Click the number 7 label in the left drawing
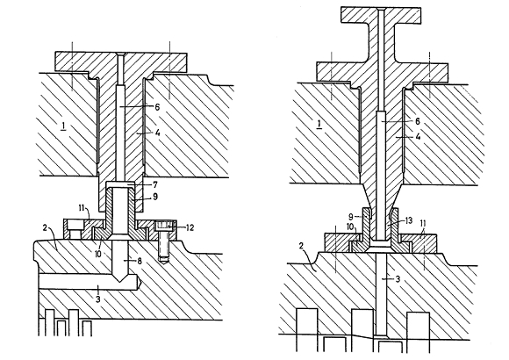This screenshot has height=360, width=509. [155, 185]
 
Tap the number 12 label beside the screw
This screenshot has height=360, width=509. [190, 227]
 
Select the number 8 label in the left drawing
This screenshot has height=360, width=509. [140, 261]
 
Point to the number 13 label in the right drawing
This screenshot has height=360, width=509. [408, 221]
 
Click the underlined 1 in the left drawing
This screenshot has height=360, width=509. [63, 126]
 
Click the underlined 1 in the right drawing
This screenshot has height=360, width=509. [319, 124]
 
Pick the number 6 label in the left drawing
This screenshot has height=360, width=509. [157, 106]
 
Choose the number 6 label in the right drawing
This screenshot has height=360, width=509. [418, 121]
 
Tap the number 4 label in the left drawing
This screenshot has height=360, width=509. [157, 133]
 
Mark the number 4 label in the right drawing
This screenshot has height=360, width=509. [418, 137]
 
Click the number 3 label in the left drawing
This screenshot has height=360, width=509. [98, 299]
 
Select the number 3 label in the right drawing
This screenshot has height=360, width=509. [398, 278]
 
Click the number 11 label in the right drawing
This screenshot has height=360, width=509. [423, 223]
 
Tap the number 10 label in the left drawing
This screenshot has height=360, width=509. [99, 253]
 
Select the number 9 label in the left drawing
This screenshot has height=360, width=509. [155, 197]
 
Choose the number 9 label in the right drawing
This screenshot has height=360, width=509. [351, 216]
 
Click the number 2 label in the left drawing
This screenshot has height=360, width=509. [45, 227]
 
